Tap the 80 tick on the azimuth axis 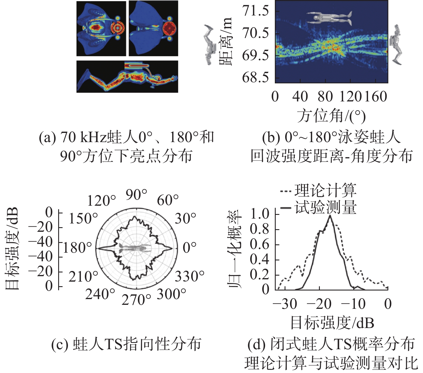325,97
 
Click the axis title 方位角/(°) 331,116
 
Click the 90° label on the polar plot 136,195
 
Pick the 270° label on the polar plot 136,300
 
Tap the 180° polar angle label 77,248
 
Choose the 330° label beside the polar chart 189,276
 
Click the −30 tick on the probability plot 285,304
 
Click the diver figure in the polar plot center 135,248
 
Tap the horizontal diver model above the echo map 329,18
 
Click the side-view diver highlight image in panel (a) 127,76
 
